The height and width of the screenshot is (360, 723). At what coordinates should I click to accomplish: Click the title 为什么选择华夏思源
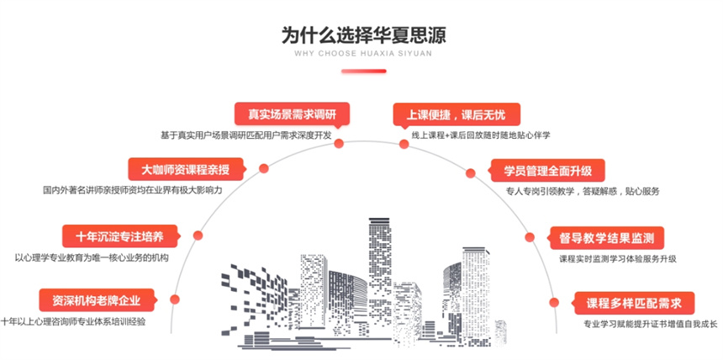tap(363, 35)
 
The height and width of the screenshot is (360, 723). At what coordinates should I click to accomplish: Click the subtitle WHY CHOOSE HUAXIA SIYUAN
tap(363, 56)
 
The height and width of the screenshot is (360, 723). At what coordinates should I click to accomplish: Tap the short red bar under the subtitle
tap(363, 71)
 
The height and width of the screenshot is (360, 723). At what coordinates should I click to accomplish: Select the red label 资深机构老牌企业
tap(96, 300)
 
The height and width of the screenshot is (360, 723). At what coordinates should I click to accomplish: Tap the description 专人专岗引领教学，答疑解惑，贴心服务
tap(583, 191)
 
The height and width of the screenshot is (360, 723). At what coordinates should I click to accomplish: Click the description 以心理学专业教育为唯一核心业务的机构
tap(92, 257)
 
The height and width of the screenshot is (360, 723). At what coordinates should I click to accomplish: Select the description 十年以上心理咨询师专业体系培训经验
tap(74, 321)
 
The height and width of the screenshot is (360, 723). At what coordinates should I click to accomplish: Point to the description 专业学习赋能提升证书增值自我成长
tap(651, 324)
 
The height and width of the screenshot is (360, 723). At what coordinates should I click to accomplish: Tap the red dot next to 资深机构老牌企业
tap(174, 299)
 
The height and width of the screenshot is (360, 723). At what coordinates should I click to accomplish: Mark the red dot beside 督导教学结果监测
tap(531, 237)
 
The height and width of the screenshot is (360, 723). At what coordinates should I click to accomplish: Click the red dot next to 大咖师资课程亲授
tap(263, 168)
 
